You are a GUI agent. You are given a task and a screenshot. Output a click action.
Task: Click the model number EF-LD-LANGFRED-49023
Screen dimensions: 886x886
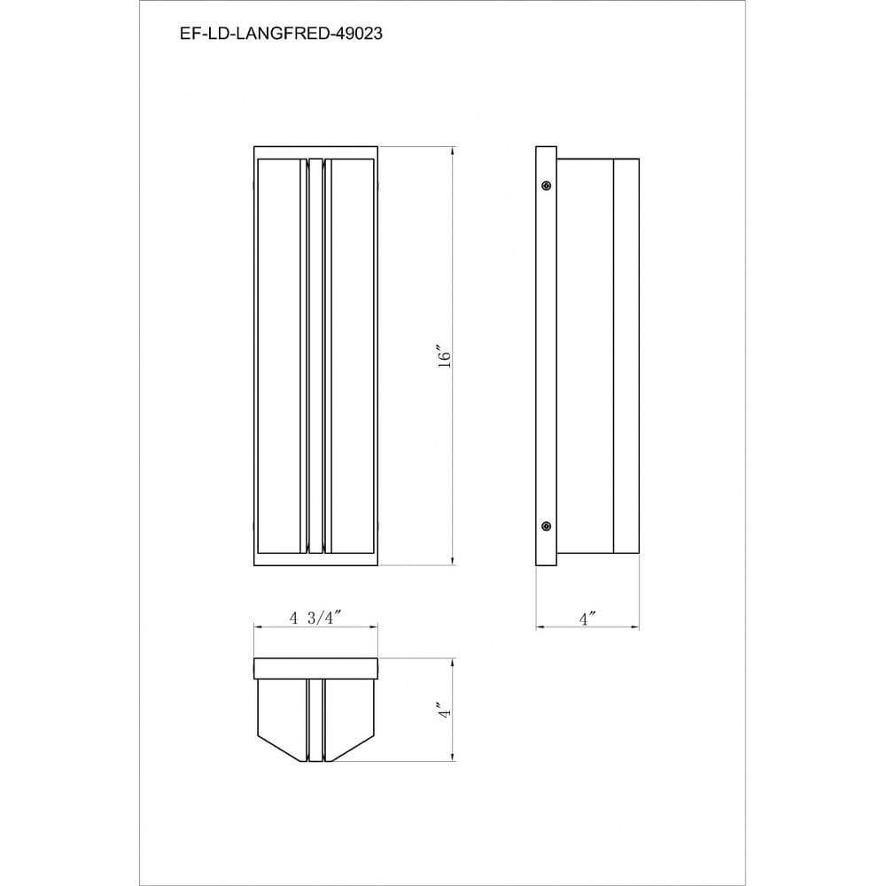coord(281,34)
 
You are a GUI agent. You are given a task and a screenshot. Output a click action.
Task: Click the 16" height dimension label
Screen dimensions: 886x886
coord(445,355)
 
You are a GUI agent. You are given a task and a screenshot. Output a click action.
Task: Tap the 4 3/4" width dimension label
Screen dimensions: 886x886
coord(316,618)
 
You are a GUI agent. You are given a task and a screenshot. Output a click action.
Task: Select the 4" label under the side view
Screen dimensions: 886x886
coord(587,618)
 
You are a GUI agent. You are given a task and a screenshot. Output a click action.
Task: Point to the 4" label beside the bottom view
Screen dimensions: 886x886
coord(446,710)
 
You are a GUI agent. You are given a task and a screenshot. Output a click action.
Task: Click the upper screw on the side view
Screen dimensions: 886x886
coord(546,185)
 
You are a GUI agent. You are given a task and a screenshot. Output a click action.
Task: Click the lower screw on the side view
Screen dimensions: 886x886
coord(546,526)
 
